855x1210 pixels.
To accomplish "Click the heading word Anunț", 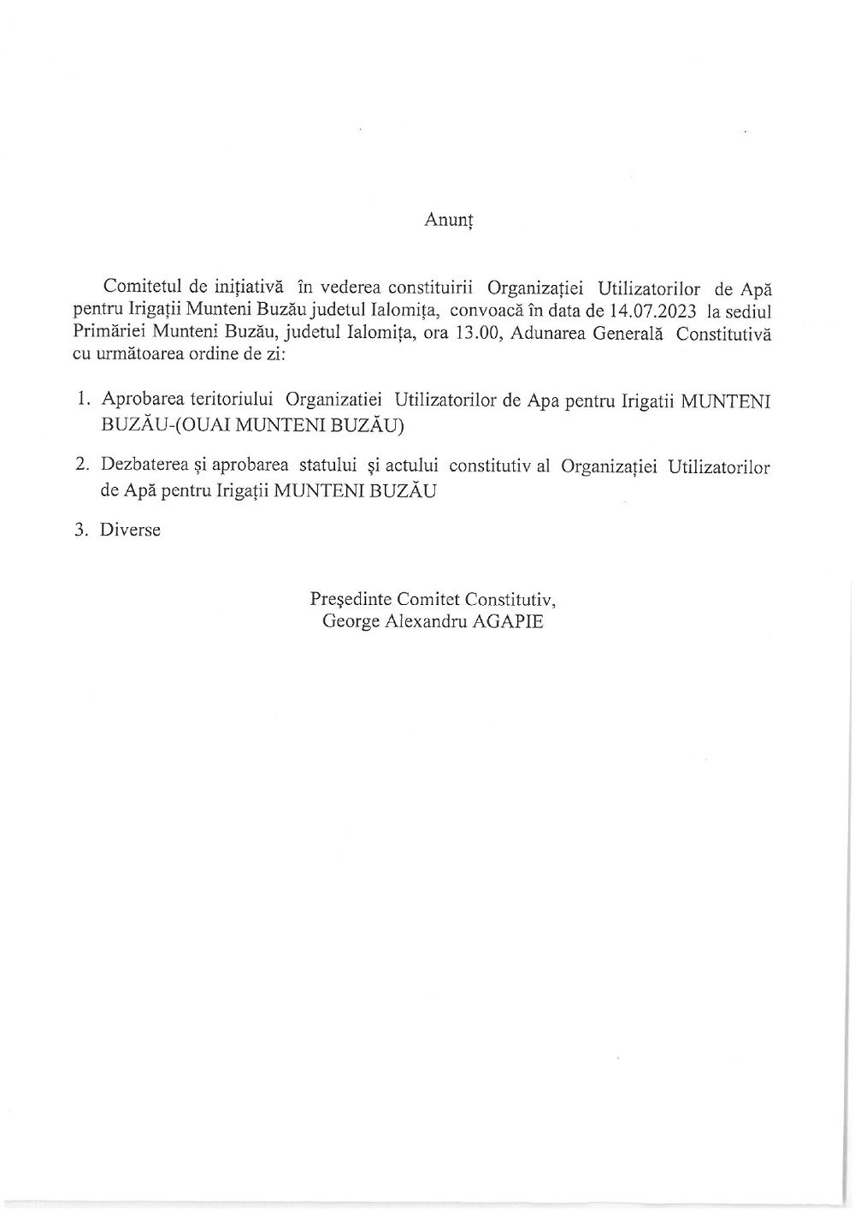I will click(x=449, y=220).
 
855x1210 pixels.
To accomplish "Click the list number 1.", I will click(x=83, y=400).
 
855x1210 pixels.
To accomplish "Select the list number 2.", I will click(x=83, y=466).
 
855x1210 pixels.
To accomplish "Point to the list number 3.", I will click(x=83, y=530).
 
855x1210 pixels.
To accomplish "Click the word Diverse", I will click(x=130, y=530).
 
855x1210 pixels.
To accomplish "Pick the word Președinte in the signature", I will click(x=350, y=599).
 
